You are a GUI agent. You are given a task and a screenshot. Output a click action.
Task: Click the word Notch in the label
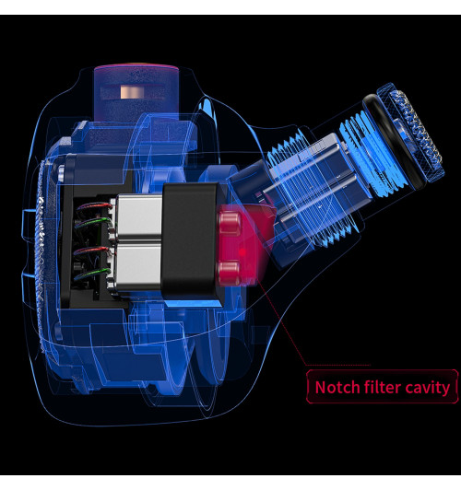[x=337, y=387]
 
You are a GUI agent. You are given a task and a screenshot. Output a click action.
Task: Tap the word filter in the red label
[x=383, y=387]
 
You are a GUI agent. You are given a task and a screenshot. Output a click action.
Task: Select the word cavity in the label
[x=427, y=388]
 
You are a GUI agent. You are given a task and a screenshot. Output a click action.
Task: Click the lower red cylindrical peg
[x=230, y=273]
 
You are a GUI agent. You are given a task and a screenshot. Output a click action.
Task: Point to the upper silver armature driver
[x=138, y=217]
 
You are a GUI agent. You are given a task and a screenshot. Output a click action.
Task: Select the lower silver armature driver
[x=137, y=268]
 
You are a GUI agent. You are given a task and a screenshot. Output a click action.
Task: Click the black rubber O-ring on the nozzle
[x=395, y=141]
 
